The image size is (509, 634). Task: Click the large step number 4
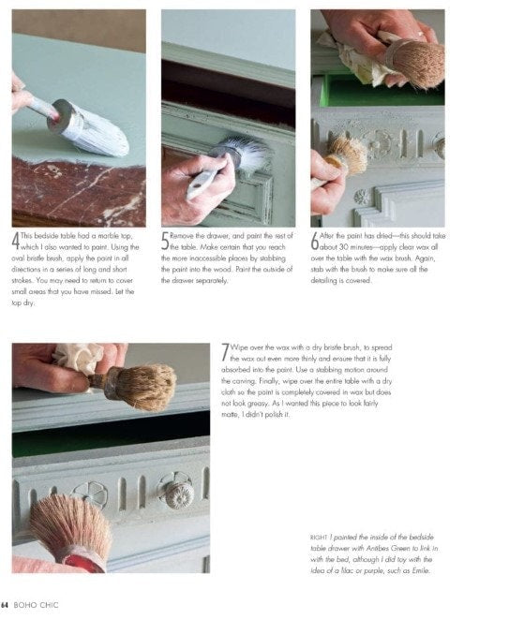click(x=15, y=242)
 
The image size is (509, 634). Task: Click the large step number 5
click(x=165, y=242)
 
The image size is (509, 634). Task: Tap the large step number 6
click(x=315, y=242)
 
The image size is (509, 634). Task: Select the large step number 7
click(x=225, y=353)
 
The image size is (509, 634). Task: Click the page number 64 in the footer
click(x=5, y=605)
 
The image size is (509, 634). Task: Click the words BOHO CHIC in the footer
click(x=36, y=605)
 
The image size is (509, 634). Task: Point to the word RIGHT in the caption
click(x=319, y=538)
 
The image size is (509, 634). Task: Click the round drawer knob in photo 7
click(x=179, y=494)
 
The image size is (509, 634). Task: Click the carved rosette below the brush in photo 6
click(x=361, y=197)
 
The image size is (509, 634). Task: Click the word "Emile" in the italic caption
click(x=420, y=571)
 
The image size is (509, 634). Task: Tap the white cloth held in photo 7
click(x=77, y=358)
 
